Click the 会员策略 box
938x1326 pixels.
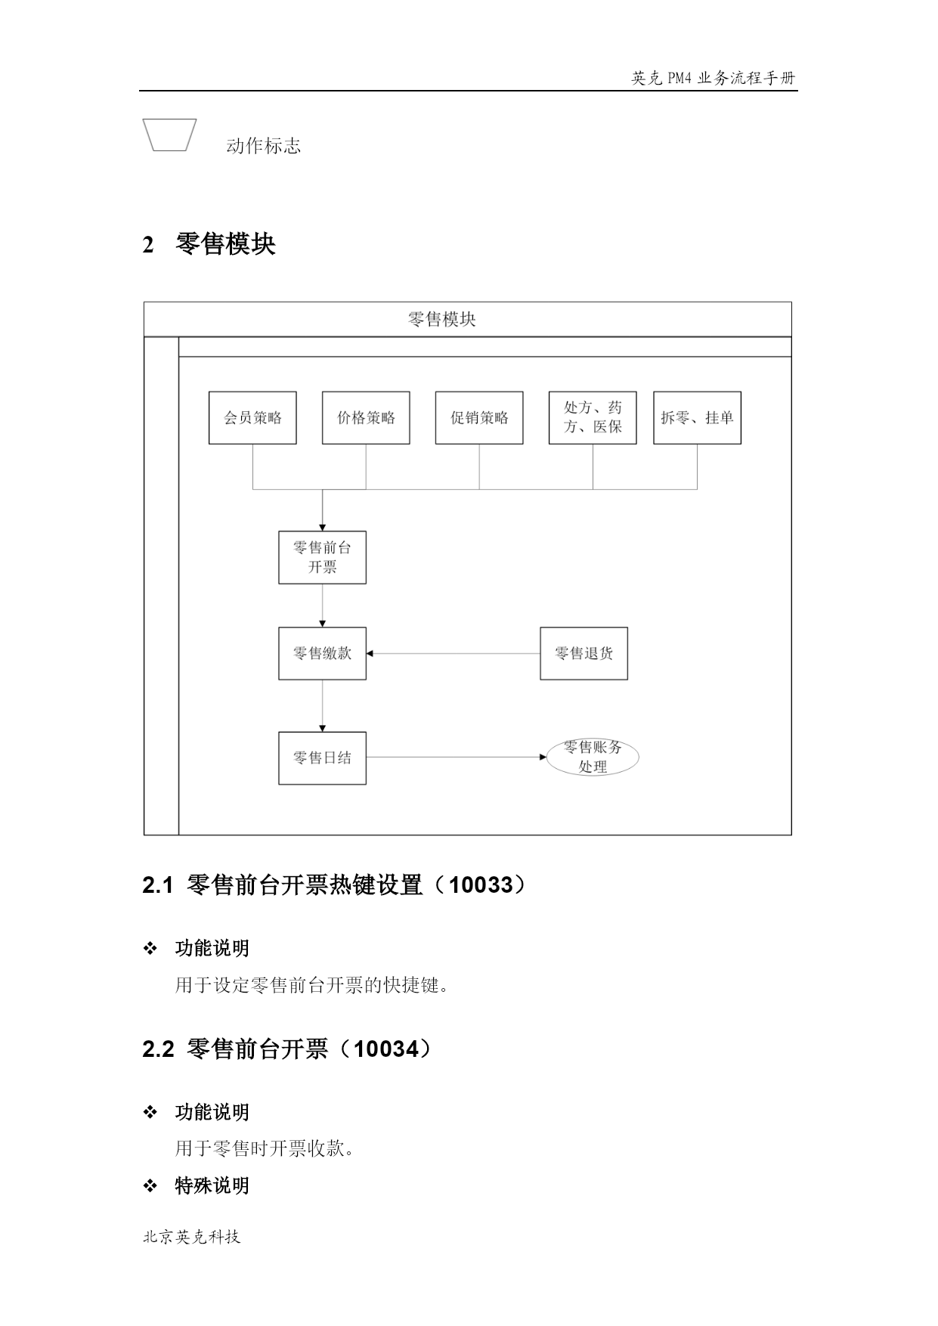[252, 417]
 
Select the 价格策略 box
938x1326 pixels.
[366, 417]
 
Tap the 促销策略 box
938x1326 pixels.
[479, 417]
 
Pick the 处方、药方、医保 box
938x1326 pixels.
[593, 417]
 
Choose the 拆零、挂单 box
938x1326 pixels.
[697, 417]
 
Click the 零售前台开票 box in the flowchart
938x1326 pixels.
[322, 557]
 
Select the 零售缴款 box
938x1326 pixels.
[322, 653]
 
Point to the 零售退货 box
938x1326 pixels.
[584, 653]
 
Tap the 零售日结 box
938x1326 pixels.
[322, 757]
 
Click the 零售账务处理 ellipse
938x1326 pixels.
[593, 757]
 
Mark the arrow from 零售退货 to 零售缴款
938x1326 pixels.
[454, 653]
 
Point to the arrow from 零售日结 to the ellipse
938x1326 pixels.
[457, 757]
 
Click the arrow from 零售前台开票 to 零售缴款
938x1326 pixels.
[323, 606]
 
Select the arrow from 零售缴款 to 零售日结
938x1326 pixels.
[323, 706]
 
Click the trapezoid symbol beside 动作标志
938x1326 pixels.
[170, 135]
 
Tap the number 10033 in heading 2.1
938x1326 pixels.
[481, 885]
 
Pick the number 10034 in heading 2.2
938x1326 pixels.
[385, 1049]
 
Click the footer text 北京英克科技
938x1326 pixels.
[192, 1237]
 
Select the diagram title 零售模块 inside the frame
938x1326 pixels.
[442, 319]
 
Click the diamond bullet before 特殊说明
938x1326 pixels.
[150, 1185]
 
